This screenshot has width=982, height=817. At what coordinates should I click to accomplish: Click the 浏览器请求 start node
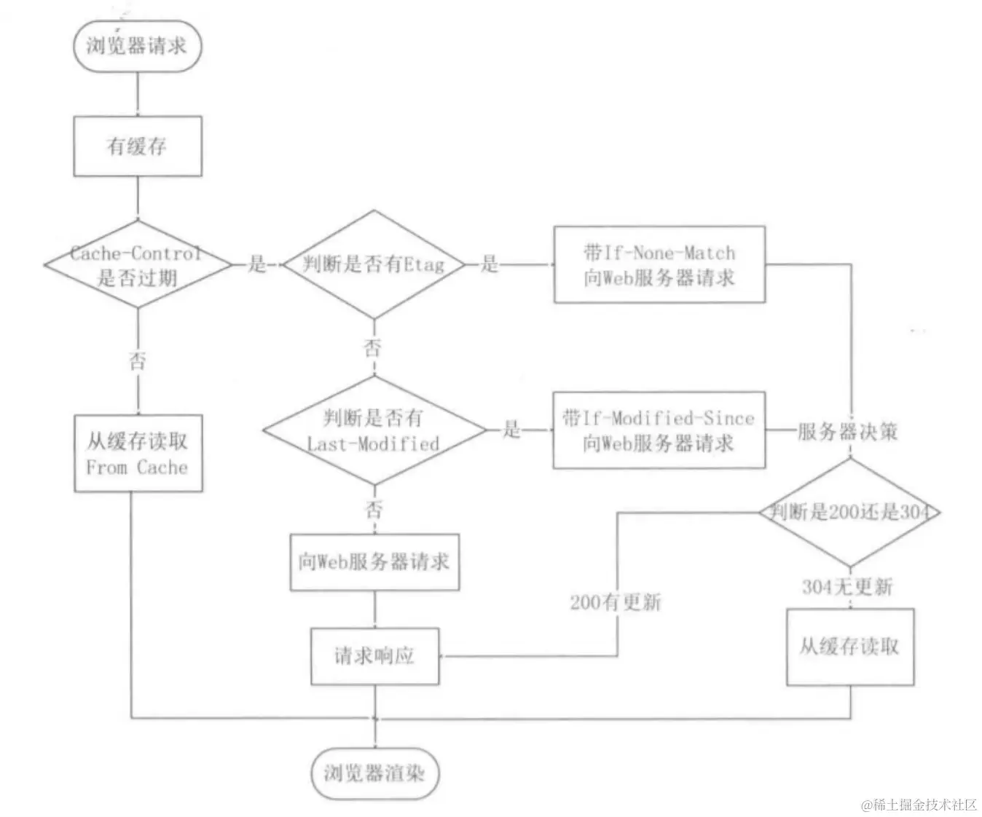pos(137,45)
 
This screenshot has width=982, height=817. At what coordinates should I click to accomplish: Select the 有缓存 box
pos(137,146)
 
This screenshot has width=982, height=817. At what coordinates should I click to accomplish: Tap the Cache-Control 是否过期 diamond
pos(137,265)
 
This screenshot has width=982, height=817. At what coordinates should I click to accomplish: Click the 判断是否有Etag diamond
pos(373,264)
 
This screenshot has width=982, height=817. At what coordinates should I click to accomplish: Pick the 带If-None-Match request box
pos(659,264)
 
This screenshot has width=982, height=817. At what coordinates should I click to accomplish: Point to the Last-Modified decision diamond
pos(373,430)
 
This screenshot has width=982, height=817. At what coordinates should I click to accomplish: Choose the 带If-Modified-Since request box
pos(659,430)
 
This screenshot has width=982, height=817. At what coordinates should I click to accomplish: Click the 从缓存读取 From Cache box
pos(138,453)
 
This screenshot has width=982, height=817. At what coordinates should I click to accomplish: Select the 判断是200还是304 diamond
pos(849,512)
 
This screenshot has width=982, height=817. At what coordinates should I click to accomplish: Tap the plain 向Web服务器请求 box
pos(374,562)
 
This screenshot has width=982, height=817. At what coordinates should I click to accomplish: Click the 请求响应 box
pos(374,655)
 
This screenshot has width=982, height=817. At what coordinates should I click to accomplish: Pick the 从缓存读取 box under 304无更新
pos(849,647)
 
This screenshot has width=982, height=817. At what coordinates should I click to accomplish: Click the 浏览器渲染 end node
pos(374,773)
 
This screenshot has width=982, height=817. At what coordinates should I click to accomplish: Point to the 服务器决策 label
pos(847,431)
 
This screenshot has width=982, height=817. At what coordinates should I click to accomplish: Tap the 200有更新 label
pos(616,601)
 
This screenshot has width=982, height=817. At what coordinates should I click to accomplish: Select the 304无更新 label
pos(847,586)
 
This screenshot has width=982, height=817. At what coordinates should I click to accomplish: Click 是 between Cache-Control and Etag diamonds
pos(257,264)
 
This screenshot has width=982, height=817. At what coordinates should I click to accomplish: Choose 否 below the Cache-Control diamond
pos(137,360)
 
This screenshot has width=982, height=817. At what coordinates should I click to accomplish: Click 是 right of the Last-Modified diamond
pos(511,430)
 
